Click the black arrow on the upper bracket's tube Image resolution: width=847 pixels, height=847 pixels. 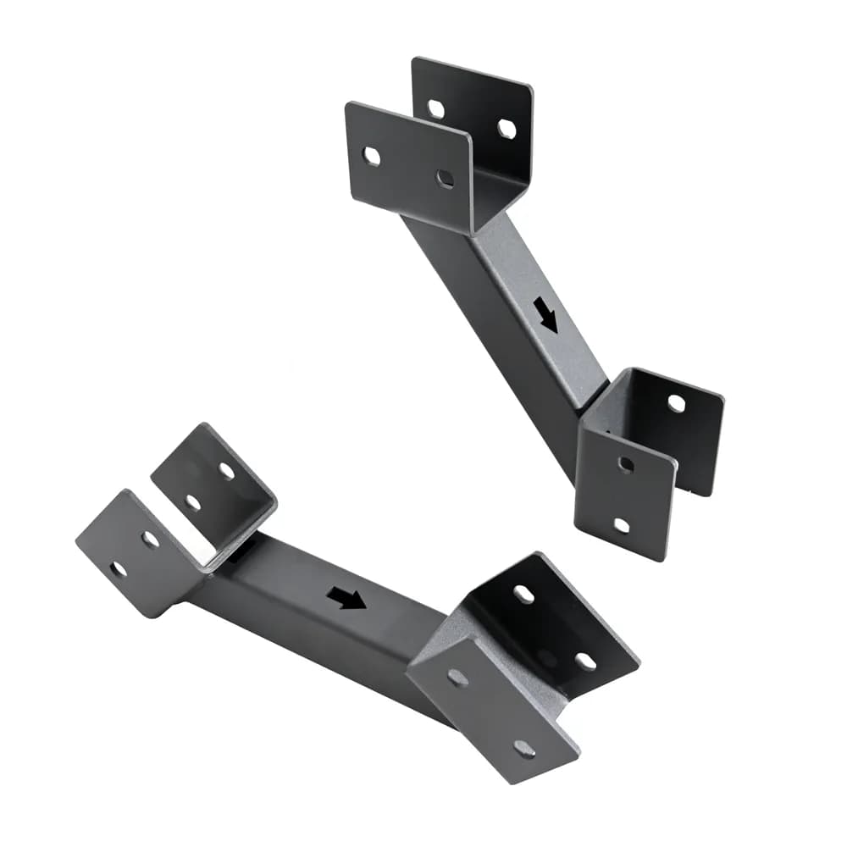(x=546, y=315)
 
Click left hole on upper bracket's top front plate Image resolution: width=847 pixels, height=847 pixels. (x=371, y=156)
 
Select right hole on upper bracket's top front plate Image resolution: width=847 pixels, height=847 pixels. (x=445, y=178)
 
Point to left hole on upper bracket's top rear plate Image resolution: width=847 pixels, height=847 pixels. (x=436, y=108)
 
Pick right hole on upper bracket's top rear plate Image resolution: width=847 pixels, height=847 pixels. (x=507, y=129)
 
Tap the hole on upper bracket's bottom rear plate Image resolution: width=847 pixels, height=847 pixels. (x=676, y=403)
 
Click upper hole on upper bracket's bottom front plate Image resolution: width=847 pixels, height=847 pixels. (x=626, y=463)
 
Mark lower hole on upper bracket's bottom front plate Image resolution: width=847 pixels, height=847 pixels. (x=622, y=525)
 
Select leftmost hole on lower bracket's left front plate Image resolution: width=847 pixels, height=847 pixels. (x=119, y=569)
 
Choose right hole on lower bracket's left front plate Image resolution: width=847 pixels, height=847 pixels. (x=150, y=540)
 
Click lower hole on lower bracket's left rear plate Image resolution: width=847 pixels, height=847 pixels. (x=193, y=502)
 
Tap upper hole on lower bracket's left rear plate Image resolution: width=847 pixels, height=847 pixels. (x=226, y=471)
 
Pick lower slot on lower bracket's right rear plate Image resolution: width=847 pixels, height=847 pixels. (x=584, y=661)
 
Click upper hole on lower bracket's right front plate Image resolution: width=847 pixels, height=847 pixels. (x=457, y=677)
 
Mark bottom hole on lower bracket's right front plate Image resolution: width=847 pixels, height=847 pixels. (x=523, y=748)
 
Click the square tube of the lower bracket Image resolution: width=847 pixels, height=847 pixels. (x=322, y=610)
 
